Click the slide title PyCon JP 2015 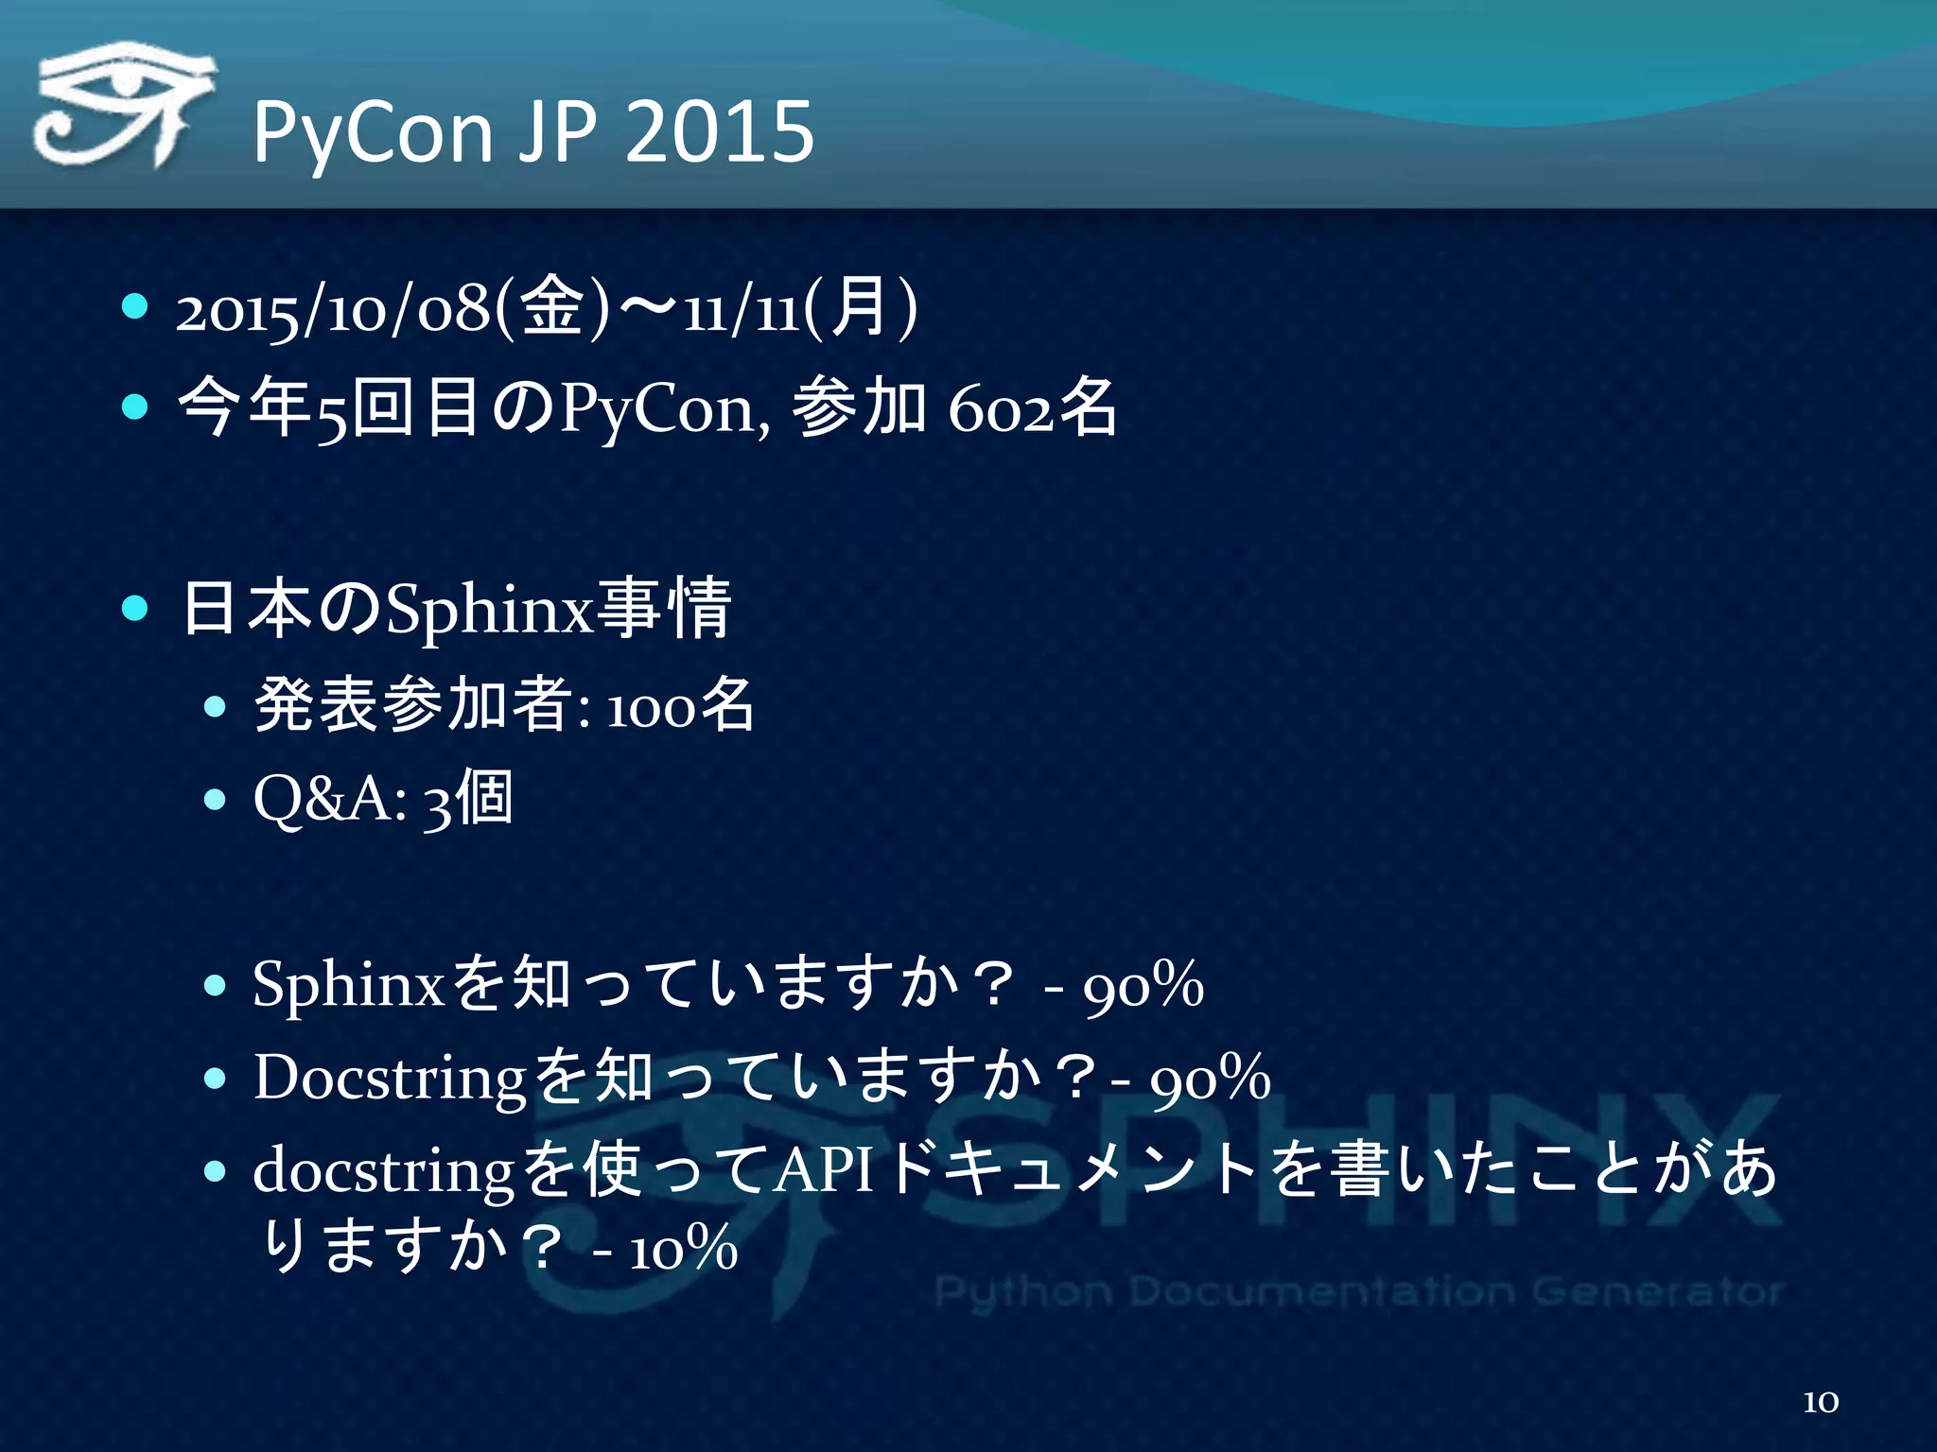532,132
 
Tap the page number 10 1821,1401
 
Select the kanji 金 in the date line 552,308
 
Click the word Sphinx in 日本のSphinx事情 488,610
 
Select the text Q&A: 330,799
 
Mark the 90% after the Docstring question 1210,1079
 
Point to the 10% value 683,1249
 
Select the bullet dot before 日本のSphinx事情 135,608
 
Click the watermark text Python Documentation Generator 1358,1291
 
